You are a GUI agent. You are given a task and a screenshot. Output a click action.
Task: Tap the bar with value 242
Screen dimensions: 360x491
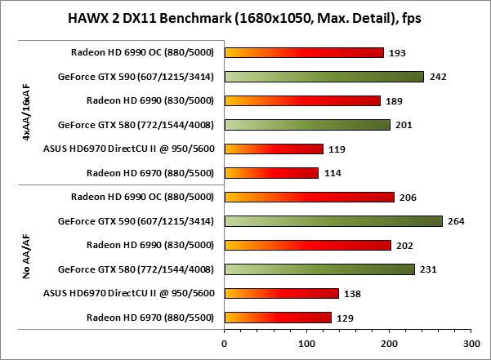[324, 77]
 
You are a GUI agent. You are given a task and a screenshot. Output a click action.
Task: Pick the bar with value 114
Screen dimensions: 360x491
[271, 172]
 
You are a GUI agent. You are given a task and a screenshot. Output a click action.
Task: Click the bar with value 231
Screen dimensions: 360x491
[319, 269]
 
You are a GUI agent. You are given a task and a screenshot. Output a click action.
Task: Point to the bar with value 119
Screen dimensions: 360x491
[274, 149]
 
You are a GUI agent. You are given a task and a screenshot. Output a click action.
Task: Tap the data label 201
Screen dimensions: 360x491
[403, 125]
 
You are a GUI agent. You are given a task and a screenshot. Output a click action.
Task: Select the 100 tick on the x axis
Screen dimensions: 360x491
[306, 344]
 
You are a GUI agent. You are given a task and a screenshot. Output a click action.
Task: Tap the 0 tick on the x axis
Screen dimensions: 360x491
[225, 344]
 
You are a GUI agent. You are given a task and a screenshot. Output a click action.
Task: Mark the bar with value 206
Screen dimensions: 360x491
[310, 197]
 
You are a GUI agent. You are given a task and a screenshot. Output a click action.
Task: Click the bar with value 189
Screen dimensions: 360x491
[302, 100]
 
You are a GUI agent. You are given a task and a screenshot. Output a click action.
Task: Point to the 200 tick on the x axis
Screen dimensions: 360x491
[389, 344]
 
